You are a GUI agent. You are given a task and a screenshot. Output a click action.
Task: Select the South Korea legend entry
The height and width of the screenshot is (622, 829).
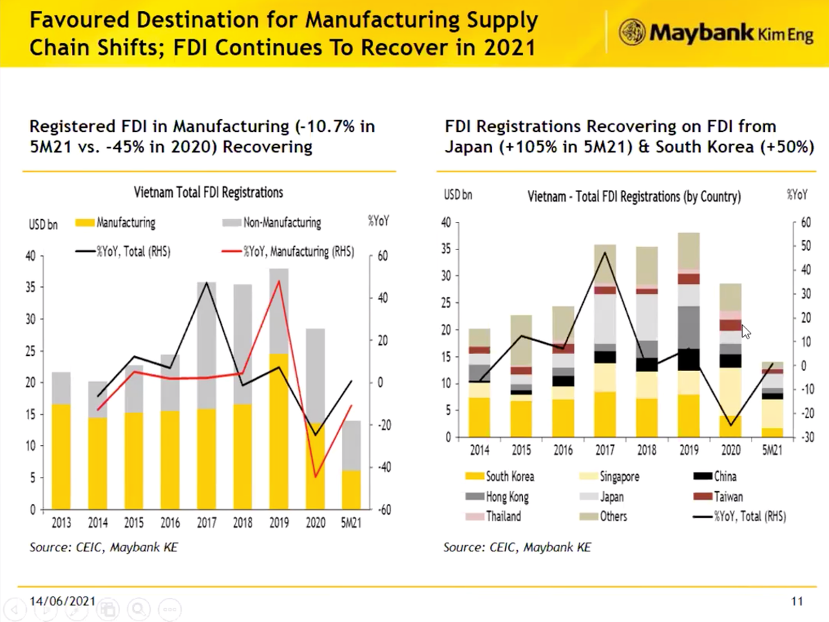coord(502,476)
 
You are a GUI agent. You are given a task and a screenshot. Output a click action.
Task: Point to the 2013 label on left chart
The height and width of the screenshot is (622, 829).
coord(61,523)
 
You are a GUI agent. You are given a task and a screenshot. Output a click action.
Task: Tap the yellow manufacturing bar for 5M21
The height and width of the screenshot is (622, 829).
coord(351,490)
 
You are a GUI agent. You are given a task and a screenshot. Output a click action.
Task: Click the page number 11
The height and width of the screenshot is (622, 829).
coord(797,601)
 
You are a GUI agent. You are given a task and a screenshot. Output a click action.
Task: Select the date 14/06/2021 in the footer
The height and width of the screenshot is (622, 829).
coord(61,601)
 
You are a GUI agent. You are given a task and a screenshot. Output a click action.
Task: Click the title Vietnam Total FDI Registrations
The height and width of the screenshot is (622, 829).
coord(208,193)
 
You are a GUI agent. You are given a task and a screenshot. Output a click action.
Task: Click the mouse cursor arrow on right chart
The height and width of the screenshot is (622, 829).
coord(745,332)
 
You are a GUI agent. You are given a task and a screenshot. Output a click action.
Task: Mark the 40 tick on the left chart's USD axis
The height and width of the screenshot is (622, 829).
coord(30,256)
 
